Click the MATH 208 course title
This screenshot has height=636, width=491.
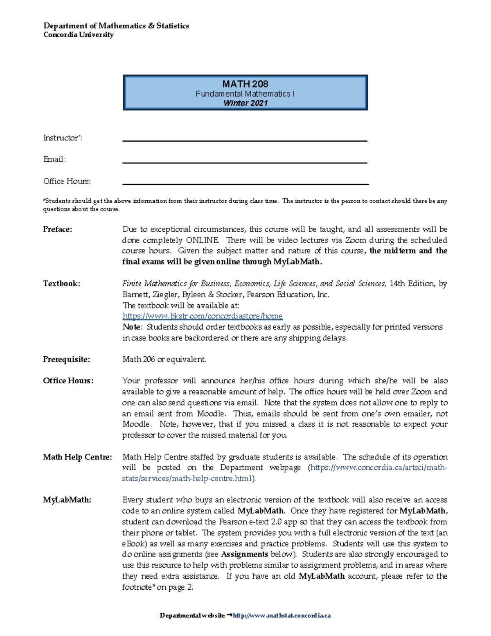click(245, 84)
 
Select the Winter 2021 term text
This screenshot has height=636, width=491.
click(245, 103)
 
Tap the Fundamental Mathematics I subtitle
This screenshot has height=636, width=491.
click(245, 94)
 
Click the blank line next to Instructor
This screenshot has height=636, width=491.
click(245, 140)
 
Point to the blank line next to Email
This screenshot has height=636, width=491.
click(245, 162)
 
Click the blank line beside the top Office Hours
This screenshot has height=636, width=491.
click(245, 183)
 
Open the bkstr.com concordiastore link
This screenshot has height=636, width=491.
click(203, 316)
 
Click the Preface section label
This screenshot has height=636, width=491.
click(58, 229)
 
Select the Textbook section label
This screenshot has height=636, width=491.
click(62, 283)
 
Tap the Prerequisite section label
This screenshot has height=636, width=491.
click(67, 359)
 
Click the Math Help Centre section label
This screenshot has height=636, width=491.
click(77, 457)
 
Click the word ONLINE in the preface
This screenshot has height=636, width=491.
click(203, 240)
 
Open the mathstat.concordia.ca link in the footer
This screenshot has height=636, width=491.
click(282, 616)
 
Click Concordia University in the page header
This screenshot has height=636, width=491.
click(79, 35)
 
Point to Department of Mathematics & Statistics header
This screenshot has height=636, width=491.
click(116, 26)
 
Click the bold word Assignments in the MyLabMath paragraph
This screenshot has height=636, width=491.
click(245, 554)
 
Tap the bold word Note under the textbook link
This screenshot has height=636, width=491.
click(131, 327)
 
